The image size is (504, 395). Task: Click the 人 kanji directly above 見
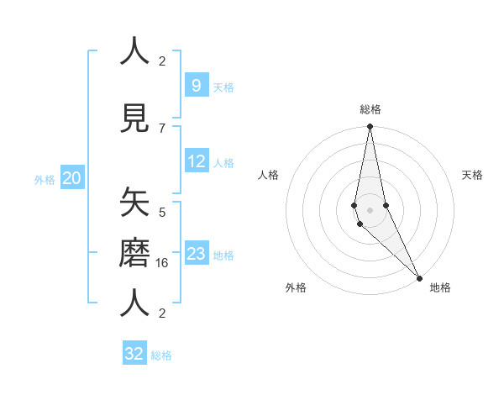134,51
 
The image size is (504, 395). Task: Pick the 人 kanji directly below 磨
134,303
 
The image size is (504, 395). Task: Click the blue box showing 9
196,85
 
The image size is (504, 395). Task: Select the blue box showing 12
196,161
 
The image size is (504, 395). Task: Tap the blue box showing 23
196,254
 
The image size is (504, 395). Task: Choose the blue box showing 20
71,178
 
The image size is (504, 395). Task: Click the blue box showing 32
134,354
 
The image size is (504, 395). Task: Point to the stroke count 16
163,263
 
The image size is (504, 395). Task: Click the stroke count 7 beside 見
162,128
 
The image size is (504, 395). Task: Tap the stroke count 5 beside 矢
162,212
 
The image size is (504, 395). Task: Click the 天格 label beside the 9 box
223,87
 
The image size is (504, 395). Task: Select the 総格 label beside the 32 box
162,355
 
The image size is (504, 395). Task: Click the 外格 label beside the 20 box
45,179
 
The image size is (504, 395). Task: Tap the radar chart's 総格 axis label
370,109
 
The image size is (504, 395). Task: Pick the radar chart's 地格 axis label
440,287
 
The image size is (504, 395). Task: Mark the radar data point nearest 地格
419,276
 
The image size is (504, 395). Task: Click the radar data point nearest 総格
370,127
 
